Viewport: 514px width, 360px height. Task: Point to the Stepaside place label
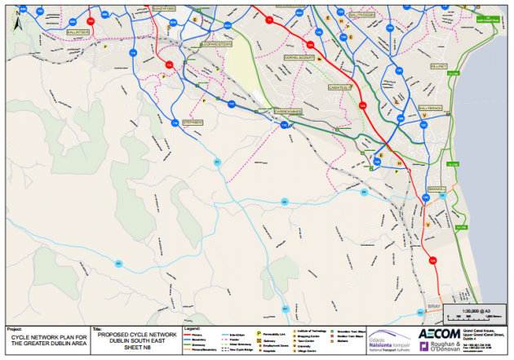click(193, 122)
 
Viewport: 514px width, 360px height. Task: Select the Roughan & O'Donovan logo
click(443, 346)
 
